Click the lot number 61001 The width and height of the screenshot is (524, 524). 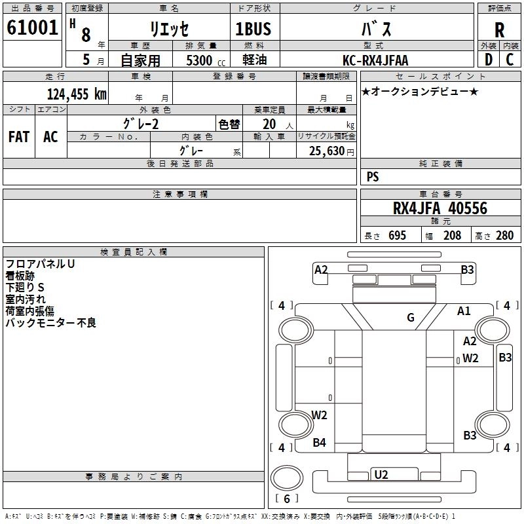32,28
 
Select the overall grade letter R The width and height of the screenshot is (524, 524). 499,30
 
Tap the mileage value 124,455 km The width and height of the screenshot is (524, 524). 77,94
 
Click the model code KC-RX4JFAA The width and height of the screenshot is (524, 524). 375,60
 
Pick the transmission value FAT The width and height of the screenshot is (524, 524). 19,137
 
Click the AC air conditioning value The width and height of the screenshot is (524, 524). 50,137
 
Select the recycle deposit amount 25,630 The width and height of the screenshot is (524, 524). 327,151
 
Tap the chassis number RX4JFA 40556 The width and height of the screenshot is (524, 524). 440,208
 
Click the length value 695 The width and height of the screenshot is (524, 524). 397,235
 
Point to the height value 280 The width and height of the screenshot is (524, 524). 504,235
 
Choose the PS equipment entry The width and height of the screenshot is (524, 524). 373,176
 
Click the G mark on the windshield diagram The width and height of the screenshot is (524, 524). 411,317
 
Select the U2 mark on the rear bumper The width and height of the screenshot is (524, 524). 381,474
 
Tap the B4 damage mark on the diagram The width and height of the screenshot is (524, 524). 319,443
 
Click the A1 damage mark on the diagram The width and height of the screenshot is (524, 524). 464,311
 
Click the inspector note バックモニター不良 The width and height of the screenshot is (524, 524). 51,322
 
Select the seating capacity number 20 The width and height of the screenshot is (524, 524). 269,124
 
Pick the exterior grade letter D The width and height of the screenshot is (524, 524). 489,60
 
